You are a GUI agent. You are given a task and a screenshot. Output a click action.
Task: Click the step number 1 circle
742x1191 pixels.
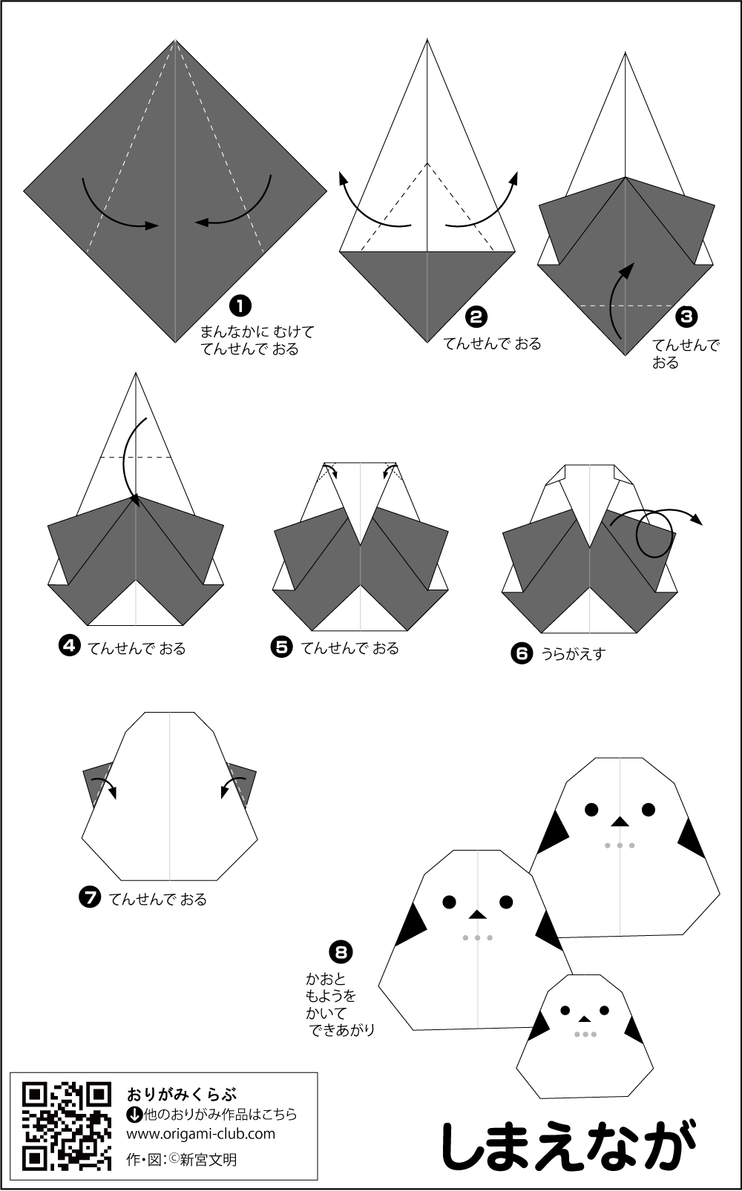click(x=240, y=306)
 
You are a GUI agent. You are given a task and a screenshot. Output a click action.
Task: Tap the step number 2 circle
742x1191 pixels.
click(x=476, y=317)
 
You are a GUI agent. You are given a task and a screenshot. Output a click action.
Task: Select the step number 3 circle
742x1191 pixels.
click(x=686, y=317)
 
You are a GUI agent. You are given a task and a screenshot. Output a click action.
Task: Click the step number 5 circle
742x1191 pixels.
click(x=281, y=647)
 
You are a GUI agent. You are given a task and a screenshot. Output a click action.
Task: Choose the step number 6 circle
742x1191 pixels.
click(x=522, y=653)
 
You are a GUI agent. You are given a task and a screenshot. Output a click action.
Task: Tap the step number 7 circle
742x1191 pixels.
click(x=90, y=897)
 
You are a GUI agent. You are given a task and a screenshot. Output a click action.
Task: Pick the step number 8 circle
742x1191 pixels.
click(x=341, y=951)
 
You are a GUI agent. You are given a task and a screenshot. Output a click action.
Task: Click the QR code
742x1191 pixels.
click(x=67, y=1126)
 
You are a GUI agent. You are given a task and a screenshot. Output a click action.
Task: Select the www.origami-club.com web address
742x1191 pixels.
click(x=201, y=1133)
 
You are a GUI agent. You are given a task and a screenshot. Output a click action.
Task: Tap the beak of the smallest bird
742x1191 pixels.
click(x=585, y=1019)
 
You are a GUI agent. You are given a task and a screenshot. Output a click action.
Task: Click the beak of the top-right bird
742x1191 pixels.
click(x=620, y=822)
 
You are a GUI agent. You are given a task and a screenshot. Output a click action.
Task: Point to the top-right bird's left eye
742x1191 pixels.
click(x=591, y=810)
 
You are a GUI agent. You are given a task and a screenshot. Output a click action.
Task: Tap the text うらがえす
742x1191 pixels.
click(x=574, y=654)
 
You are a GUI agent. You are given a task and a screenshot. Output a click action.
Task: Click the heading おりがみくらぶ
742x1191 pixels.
click(x=182, y=1095)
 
